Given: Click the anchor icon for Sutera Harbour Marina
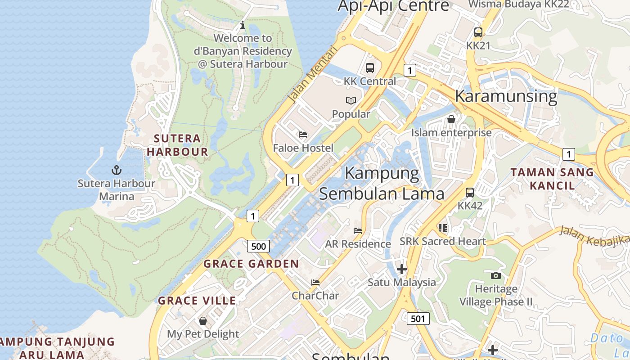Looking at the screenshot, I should click(x=117, y=170).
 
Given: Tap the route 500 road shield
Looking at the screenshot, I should click(x=258, y=246).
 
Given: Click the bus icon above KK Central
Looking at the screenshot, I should click(x=370, y=68).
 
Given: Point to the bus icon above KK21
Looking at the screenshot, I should click(x=478, y=32).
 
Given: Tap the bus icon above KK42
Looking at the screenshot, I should click(x=470, y=193).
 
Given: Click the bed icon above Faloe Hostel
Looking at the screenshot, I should click(x=303, y=135).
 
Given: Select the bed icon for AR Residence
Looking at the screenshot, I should click(x=358, y=230).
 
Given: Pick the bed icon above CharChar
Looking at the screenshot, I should click(x=315, y=283).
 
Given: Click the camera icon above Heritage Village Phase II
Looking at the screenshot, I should click(x=495, y=275).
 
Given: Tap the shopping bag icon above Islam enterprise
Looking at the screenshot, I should click(x=451, y=119).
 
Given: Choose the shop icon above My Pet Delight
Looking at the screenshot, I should click(x=203, y=321).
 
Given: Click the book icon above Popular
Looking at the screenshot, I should click(x=351, y=100).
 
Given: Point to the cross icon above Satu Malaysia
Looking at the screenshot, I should click(x=401, y=269).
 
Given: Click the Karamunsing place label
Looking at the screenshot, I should click(x=506, y=96).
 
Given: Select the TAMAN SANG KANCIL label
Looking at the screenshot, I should click(x=552, y=179).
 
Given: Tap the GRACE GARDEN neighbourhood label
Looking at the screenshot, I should click(x=251, y=264).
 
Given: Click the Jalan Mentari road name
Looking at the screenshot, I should click(x=312, y=73).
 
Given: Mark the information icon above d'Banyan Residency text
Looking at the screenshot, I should click(x=243, y=25).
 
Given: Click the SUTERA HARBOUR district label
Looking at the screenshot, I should click(x=177, y=145).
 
